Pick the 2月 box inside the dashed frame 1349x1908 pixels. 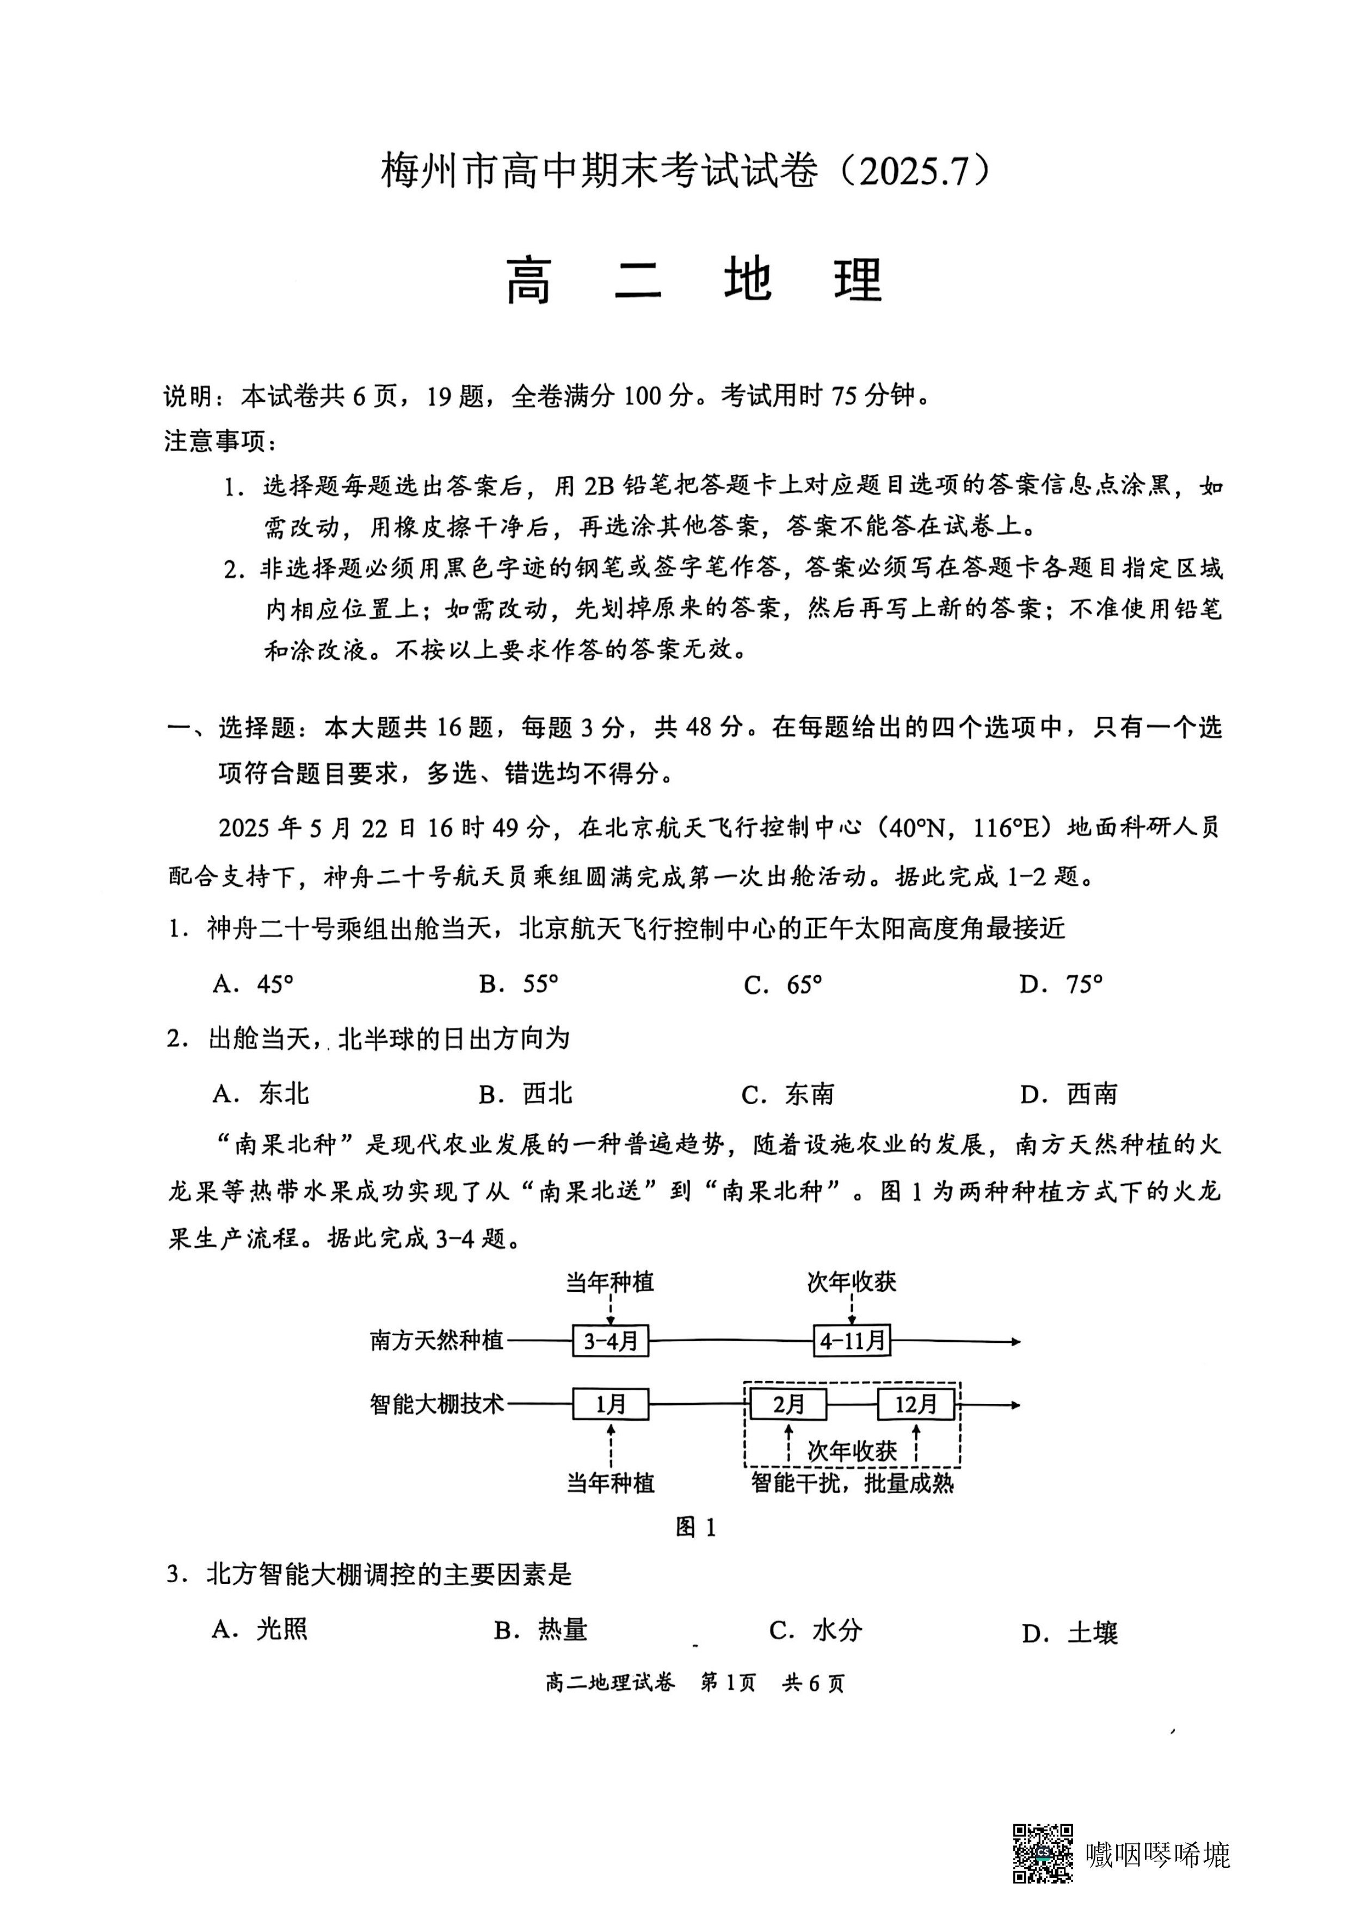click(x=788, y=1404)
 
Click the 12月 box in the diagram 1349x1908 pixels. click(x=916, y=1404)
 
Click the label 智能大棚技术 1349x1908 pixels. click(x=436, y=1404)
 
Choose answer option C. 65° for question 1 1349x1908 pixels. click(x=782, y=985)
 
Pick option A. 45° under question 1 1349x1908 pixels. click(x=252, y=985)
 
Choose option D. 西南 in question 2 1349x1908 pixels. click(x=1068, y=1094)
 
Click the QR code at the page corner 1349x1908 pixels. click(x=1042, y=1853)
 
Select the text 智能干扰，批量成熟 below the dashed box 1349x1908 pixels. click(x=852, y=1483)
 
